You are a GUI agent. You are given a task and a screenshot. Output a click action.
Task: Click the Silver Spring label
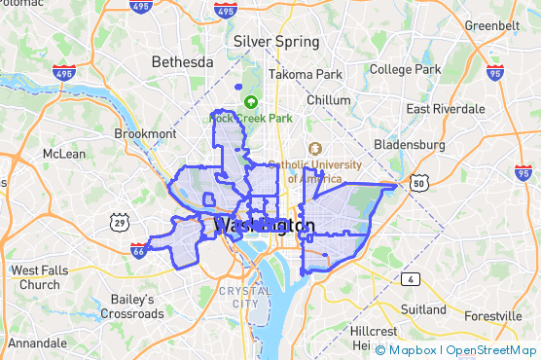pos(276,42)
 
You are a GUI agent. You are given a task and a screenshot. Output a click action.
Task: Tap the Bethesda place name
pos(182,62)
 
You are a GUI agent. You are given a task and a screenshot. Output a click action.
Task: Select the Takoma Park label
pos(306,74)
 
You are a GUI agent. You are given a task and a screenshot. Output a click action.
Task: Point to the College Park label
pos(405,70)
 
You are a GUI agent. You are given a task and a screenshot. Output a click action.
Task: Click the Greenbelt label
pos(491,24)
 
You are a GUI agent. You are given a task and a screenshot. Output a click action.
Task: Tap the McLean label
pos(64,154)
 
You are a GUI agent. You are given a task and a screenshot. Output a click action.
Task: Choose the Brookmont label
pos(145,133)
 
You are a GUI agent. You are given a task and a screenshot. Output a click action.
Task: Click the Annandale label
pos(38,343)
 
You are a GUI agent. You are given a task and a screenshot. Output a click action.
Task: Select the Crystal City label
pos(245,297)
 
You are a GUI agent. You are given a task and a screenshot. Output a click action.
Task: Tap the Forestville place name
pos(492,317)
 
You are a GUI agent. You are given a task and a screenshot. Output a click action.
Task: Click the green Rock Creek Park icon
pos(251,101)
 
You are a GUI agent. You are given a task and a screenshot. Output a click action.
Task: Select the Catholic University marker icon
pos(314,149)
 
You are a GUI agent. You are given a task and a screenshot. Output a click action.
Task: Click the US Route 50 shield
pos(418,182)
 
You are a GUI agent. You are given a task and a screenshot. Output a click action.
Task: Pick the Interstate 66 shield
pos(140,250)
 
